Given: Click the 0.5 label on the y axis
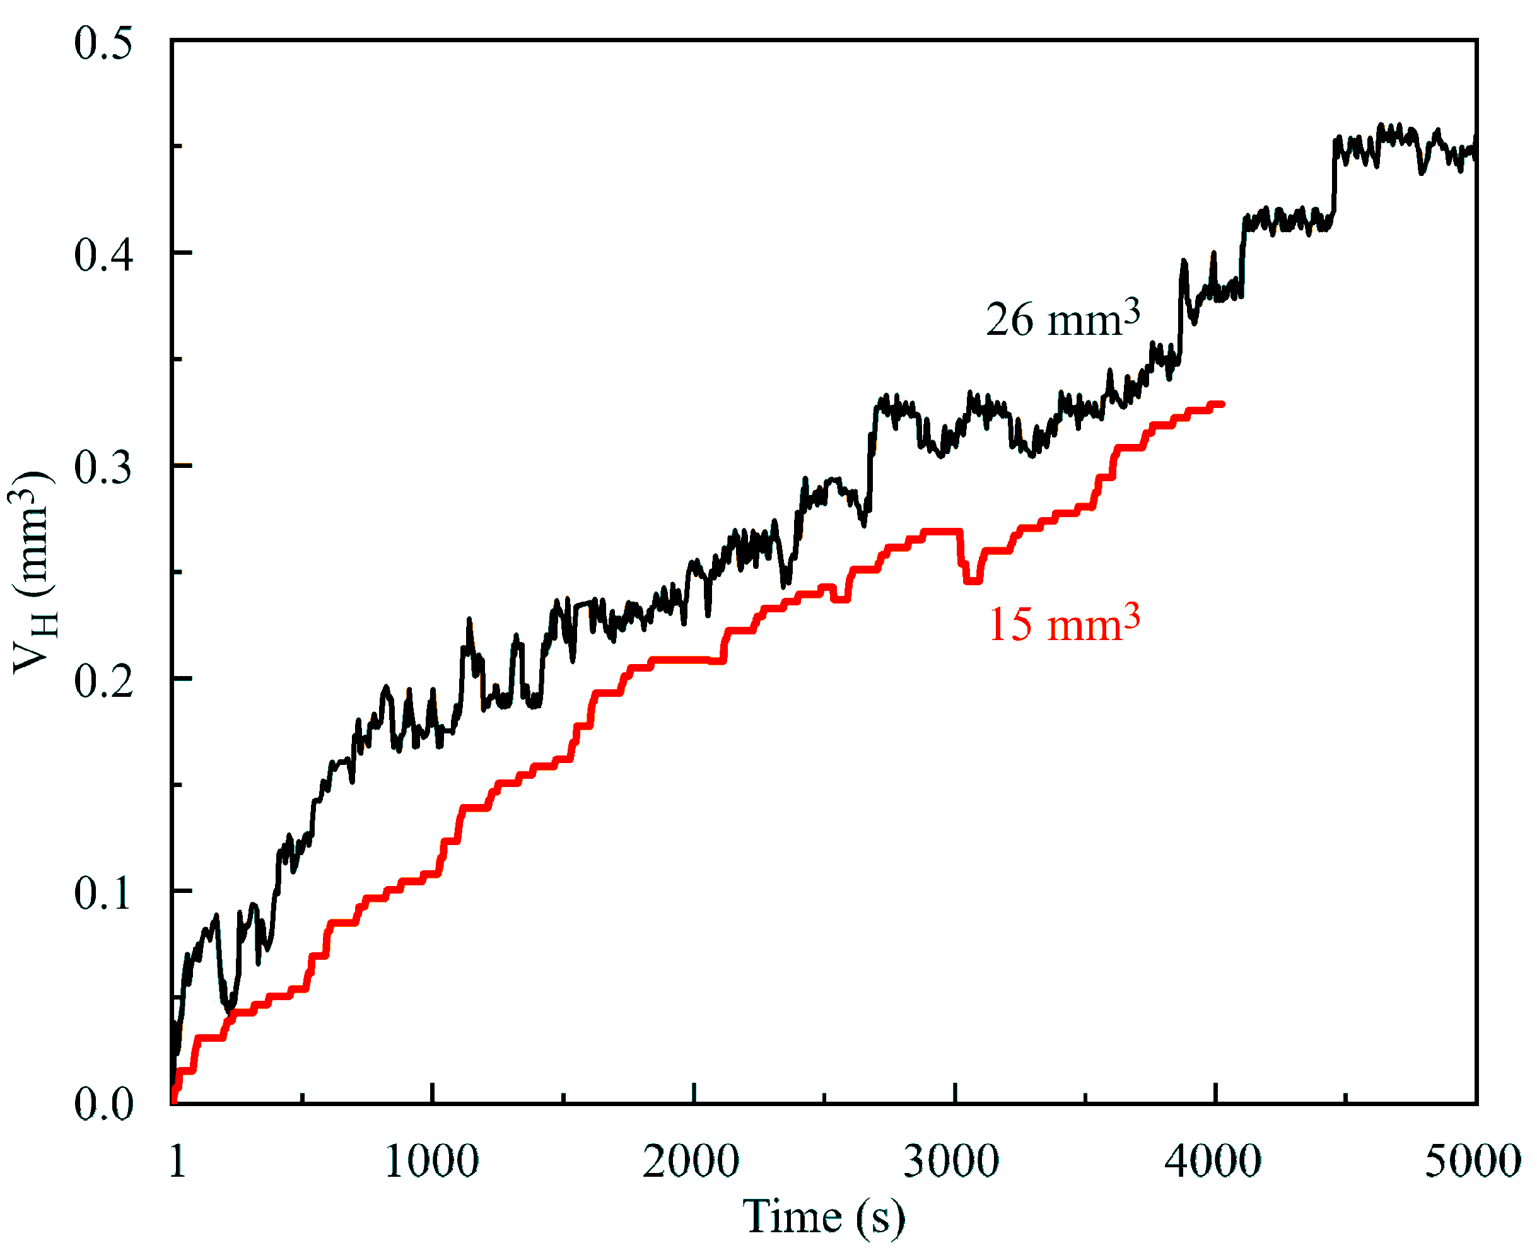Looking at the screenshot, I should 103,43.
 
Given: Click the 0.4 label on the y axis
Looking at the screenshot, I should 103,256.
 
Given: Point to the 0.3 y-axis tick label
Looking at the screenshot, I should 103,468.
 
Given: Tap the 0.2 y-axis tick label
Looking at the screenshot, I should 103,680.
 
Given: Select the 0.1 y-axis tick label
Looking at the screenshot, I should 103,893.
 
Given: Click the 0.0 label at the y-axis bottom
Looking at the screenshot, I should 103,1104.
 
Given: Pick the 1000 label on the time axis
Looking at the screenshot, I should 431,1160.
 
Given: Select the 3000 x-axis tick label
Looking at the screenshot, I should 951,1160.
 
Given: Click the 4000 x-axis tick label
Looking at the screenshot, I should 1213,1160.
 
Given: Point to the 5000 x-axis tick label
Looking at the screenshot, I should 1473,1160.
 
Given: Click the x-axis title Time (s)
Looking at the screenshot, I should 823,1216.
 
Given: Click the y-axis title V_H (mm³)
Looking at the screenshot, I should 33,572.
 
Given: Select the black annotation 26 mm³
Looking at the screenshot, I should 1063,318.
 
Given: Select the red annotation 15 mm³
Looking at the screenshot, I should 1064,623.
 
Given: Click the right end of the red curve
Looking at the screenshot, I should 1222,405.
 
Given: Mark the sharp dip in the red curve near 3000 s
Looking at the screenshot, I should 972,580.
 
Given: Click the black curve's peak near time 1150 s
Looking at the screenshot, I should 469,620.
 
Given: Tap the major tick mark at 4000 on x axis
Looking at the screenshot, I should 1215,1093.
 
